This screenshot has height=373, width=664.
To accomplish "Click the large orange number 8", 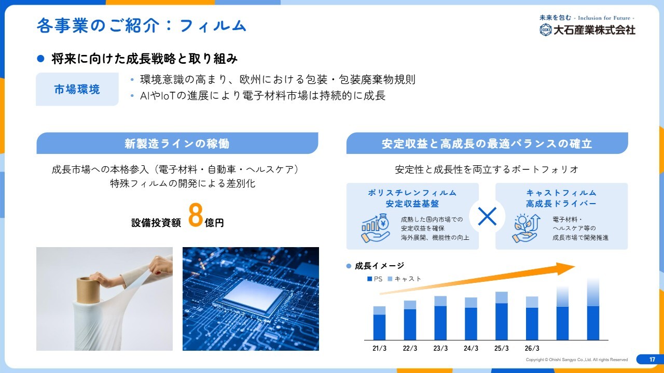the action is click(196, 215).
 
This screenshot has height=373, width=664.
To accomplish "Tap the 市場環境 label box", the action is click(77, 89).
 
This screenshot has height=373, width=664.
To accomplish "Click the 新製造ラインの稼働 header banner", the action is click(177, 144).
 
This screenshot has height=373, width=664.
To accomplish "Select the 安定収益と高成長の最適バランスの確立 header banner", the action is click(487, 144).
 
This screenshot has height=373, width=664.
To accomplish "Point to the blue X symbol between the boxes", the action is click(487, 217).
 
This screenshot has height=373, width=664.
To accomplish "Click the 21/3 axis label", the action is click(379, 348).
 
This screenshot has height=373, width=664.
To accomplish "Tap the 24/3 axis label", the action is click(471, 348).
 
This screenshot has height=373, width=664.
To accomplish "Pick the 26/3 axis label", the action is click(532, 348).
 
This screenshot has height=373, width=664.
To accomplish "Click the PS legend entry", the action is click(375, 279).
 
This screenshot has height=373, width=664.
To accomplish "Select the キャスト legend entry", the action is click(404, 279).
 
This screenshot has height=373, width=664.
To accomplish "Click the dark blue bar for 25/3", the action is click(502, 322).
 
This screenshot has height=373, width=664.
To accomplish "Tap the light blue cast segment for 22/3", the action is click(410, 305).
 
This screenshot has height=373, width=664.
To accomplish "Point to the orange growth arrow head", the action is click(565, 268).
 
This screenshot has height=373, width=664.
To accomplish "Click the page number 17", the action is click(652, 360).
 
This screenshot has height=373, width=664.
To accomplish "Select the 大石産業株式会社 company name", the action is click(594, 30).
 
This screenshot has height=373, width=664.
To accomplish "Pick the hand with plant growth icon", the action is click(526, 228).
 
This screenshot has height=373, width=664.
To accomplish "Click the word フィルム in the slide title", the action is click(213, 25).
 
